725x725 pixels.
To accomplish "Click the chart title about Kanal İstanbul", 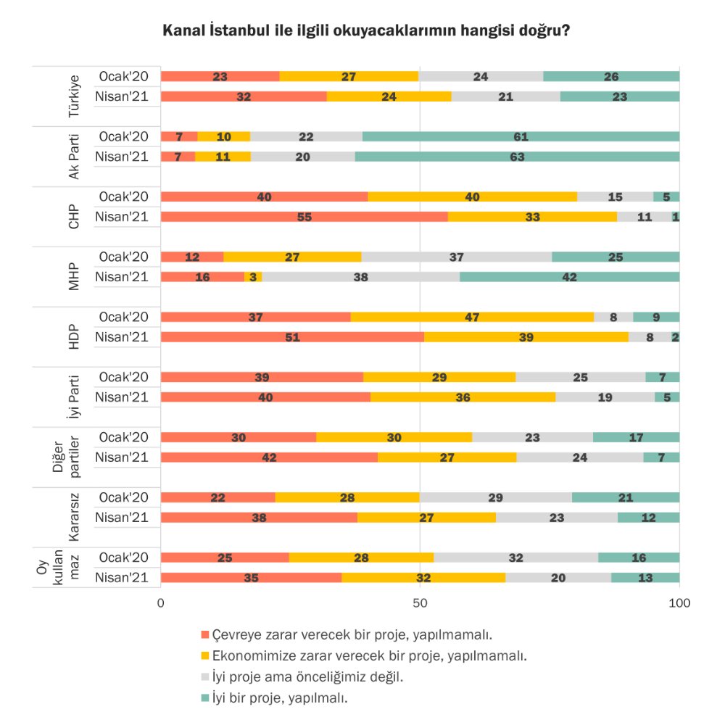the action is pos(366,30).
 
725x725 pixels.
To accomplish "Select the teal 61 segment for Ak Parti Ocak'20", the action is pos(521,136).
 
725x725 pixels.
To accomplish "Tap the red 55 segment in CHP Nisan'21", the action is pos(304,216).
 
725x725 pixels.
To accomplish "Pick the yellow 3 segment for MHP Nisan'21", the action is pos(253,276).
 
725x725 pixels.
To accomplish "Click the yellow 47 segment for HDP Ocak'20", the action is pos(472,317).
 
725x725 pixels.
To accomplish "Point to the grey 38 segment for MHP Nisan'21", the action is pos(361,276).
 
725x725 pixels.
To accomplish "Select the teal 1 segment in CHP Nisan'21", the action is pos(676,216).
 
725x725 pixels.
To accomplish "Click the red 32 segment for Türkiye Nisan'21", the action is pos(244,96).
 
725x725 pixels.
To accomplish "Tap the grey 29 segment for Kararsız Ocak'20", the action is pos(496,497).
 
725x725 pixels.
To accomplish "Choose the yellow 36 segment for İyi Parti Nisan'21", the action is pos(463,397).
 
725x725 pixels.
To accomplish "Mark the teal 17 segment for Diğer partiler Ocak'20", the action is pos(637,437).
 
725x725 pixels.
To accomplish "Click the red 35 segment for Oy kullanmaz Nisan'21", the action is pos(251,578).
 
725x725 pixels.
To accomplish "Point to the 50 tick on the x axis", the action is pos(420,603).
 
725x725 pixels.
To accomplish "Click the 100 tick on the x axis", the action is pos(679,603).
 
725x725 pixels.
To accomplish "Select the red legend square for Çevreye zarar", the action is pos(205,634).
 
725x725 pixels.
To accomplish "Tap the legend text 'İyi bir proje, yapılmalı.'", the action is pos(280,697).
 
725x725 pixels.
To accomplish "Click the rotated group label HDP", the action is pos(74,336).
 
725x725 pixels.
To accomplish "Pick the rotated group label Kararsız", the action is pos(74,517).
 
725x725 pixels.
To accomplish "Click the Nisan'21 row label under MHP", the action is pos(122,276).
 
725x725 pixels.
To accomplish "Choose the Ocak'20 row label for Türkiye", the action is pos(123,76).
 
